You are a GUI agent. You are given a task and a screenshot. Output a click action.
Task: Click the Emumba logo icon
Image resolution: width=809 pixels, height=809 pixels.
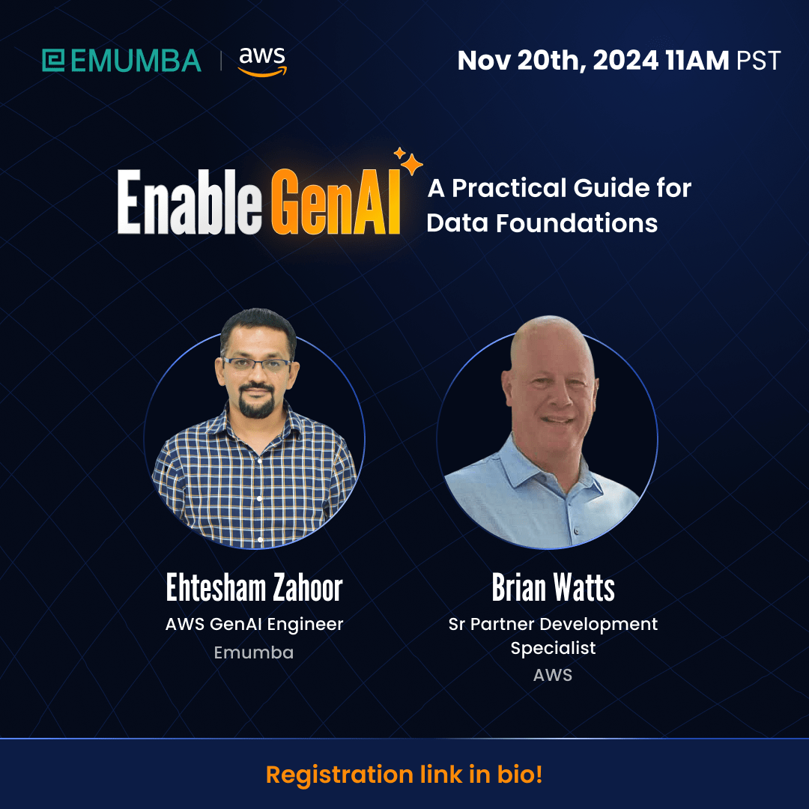pyautogui.click(x=54, y=61)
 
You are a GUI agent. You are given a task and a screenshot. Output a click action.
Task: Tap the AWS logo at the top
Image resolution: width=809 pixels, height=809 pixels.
pyautogui.click(x=262, y=61)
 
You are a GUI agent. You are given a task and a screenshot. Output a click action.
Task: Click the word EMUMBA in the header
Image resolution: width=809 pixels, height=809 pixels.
pyautogui.click(x=136, y=61)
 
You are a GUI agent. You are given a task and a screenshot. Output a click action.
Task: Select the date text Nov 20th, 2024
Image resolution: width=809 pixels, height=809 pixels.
pyautogui.click(x=559, y=61)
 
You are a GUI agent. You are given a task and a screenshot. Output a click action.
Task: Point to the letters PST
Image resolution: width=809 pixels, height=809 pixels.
pyautogui.click(x=758, y=61)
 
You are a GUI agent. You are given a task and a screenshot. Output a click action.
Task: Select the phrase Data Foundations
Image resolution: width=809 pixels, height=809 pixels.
pyautogui.click(x=542, y=223)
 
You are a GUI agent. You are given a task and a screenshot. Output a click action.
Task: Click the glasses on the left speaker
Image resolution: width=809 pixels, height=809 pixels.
pyautogui.click(x=257, y=365)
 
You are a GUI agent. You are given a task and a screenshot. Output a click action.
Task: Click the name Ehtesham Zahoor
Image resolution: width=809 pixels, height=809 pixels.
pyautogui.click(x=254, y=589)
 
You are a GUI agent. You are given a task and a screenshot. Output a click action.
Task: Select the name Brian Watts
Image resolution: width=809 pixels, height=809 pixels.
pyautogui.click(x=553, y=589)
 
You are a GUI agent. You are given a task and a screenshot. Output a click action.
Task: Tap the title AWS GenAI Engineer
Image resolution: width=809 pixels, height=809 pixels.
pyautogui.click(x=254, y=624)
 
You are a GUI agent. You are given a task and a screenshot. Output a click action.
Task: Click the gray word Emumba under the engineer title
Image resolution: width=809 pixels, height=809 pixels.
pyautogui.click(x=254, y=652)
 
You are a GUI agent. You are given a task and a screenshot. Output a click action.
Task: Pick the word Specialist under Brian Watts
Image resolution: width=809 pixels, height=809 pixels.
pyautogui.click(x=553, y=648)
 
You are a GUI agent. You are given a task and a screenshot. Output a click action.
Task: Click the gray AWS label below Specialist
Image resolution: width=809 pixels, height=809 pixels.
pyautogui.click(x=553, y=675)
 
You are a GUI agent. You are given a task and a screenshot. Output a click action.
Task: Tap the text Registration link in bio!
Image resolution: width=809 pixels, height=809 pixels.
pyautogui.click(x=404, y=775)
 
